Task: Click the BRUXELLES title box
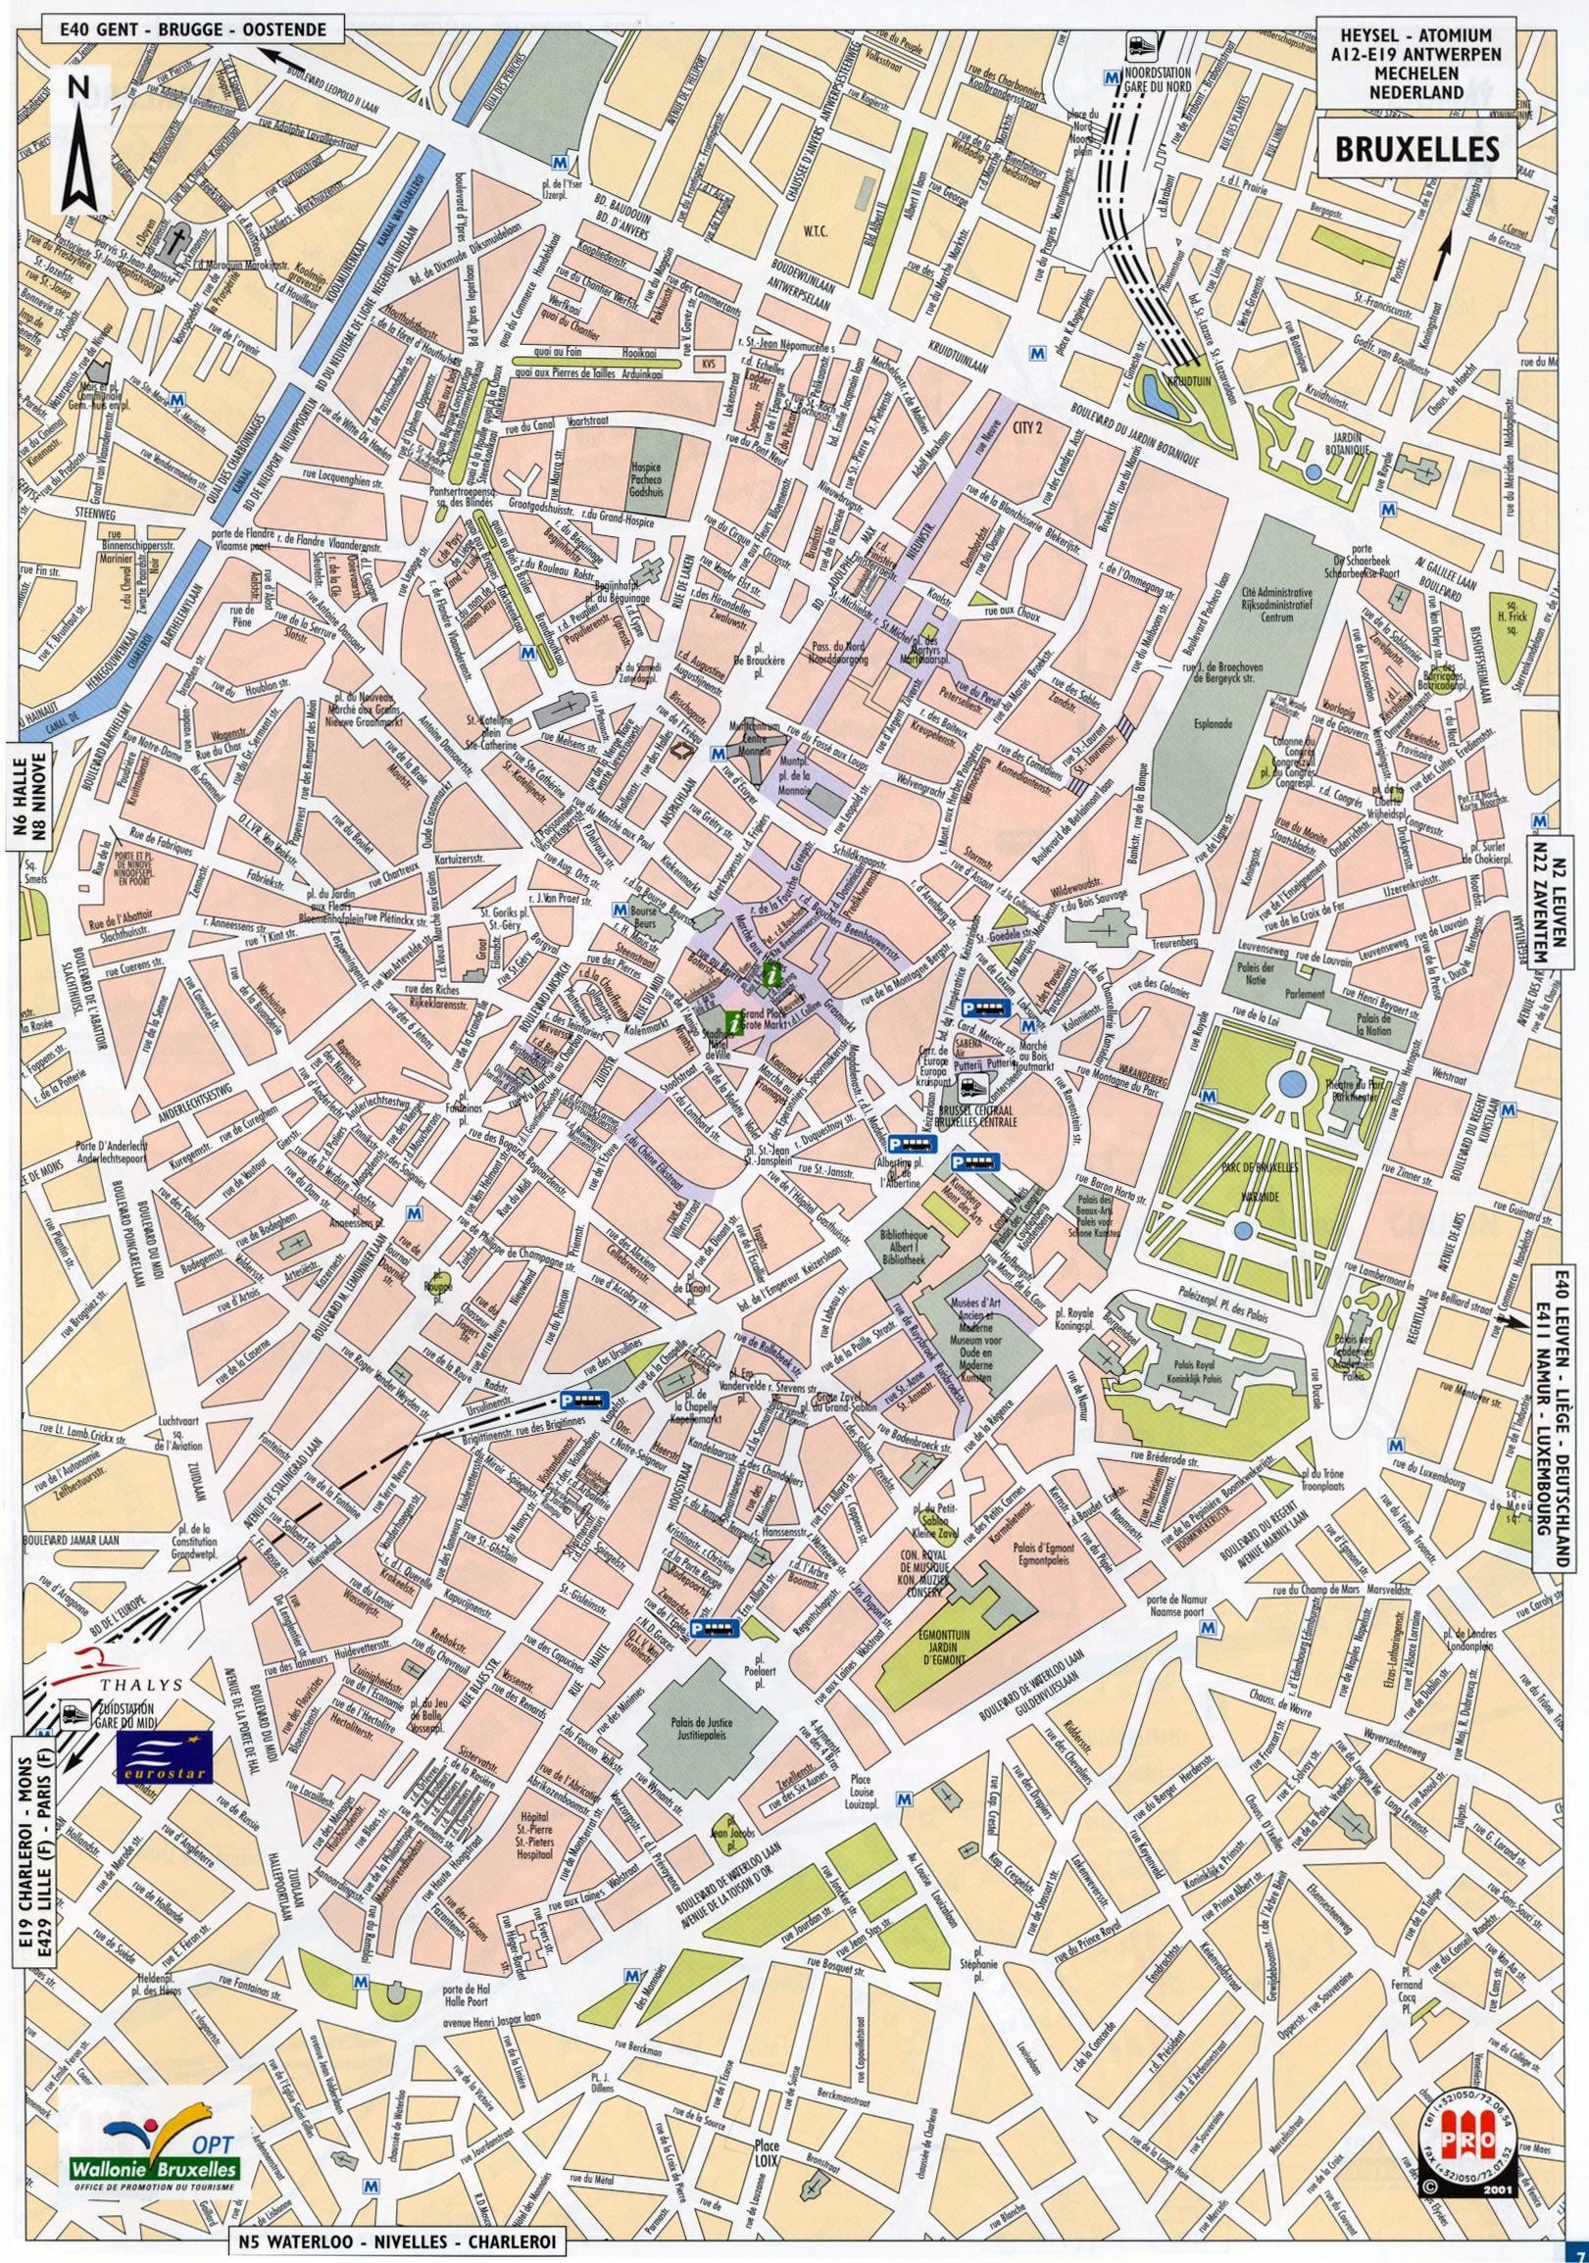tap(1415, 148)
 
